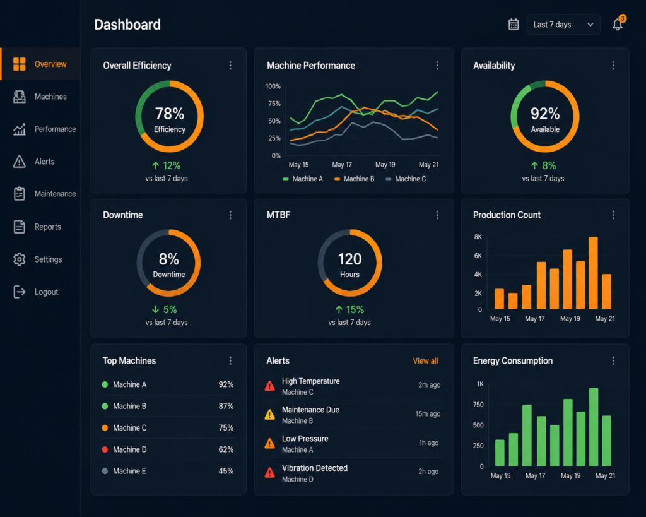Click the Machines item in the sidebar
[x=40, y=97]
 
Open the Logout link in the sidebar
[x=36, y=292]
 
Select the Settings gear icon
[x=20, y=259]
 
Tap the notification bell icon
[x=618, y=24]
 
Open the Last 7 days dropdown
[x=563, y=25]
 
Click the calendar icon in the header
[x=514, y=25]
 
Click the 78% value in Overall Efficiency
[x=169, y=114]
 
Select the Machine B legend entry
[x=355, y=179]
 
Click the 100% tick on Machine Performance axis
[x=273, y=86]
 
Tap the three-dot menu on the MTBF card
[x=437, y=215]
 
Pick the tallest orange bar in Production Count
[x=593, y=273]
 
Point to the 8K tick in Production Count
[x=478, y=237]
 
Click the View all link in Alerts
[x=426, y=360]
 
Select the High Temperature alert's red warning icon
[x=270, y=386]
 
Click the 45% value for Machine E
[x=226, y=471]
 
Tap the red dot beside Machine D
[x=105, y=449]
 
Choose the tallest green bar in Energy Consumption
[x=594, y=427]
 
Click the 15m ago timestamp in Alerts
[x=428, y=414]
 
